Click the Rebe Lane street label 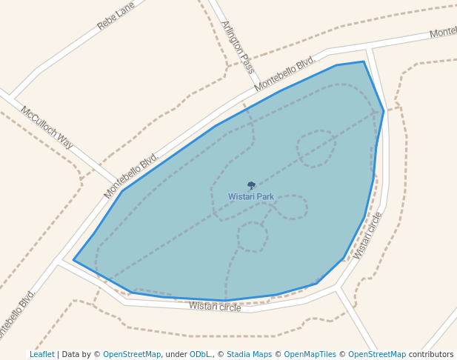click(x=116, y=16)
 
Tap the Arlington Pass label click(x=238, y=46)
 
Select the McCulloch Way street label click(x=47, y=127)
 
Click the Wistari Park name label click(x=251, y=196)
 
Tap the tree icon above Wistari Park click(x=251, y=185)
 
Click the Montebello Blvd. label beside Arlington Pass click(x=284, y=73)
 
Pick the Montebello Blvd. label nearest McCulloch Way click(x=132, y=176)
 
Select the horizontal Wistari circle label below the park click(x=215, y=306)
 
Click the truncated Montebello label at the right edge click(x=443, y=33)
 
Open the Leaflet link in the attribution click(x=41, y=354)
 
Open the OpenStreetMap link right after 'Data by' click(x=132, y=354)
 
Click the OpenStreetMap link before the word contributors click(x=377, y=354)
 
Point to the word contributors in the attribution click(x=431, y=354)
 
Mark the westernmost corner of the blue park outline click(x=73, y=259)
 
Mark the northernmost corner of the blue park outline click(x=364, y=61)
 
